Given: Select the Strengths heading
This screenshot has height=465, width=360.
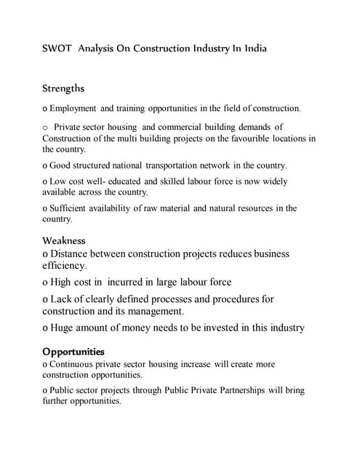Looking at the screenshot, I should pyautogui.click(x=63, y=89).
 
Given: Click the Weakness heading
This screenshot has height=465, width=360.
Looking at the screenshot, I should pyautogui.click(x=64, y=240).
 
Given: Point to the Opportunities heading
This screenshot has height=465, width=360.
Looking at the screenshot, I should pyautogui.click(x=73, y=352).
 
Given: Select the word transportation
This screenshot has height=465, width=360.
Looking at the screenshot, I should pyautogui.click(x=177, y=165).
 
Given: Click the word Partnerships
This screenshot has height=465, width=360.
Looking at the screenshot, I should pyautogui.click(x=225, y=390).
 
